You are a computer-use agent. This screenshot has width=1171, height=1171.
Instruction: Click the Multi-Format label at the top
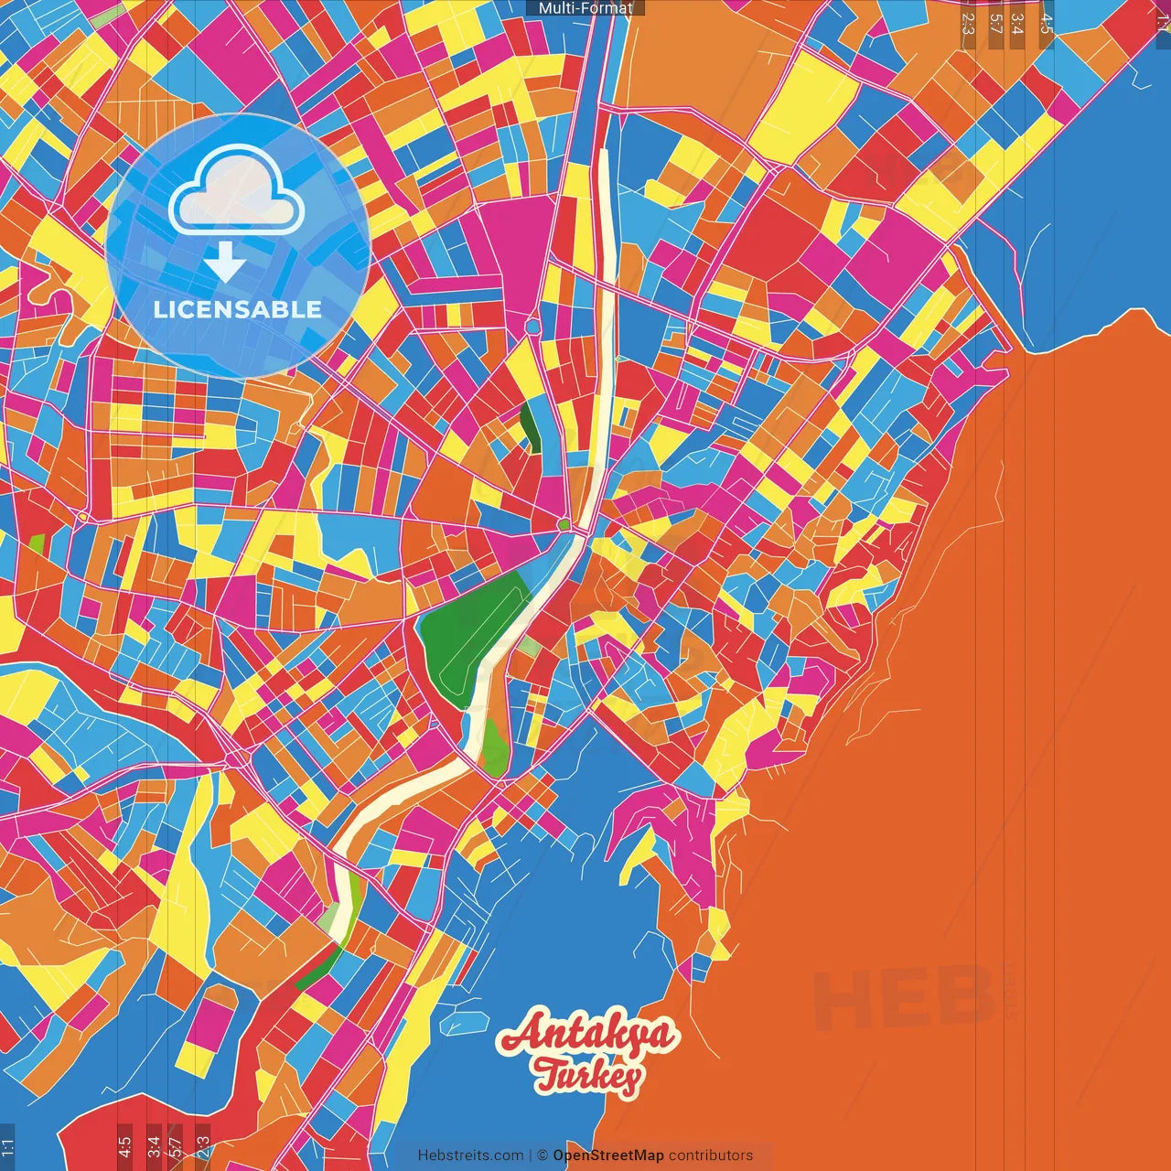tap(585, 8)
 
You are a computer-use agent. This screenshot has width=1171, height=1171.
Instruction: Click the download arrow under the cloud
tap(224, 262)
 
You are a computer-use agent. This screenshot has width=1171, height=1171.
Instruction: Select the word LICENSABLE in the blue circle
tap(238, 309)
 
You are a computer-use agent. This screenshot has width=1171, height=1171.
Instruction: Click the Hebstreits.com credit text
tap(470, 1155)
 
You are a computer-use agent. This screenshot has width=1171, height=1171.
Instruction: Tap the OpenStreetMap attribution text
tap(608, 1155)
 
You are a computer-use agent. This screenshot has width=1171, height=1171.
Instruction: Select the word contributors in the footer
tap(711, 1155)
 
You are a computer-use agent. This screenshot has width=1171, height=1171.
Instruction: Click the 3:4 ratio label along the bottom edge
tap(154, 1146)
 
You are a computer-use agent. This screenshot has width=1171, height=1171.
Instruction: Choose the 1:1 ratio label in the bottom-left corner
tap(8, 1146)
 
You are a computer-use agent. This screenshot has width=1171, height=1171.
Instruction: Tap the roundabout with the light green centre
tap(564, 524)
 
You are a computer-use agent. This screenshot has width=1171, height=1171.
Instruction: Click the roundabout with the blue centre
tap(532, 326)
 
